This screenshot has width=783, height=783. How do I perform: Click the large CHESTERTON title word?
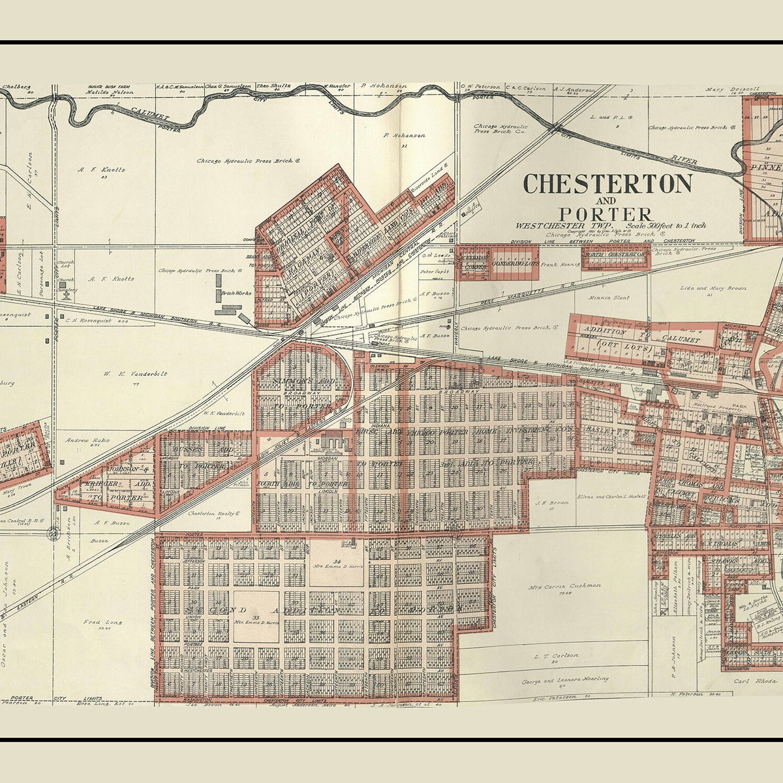click(607, 184)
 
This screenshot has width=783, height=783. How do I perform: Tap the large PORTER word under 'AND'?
click(605, 214)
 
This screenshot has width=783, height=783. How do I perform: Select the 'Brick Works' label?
click(236, 294)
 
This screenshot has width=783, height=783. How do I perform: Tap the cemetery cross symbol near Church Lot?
click(66, 294)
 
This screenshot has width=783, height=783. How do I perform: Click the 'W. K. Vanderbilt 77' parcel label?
click(135, 375)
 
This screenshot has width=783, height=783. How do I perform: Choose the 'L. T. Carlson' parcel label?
click(556, 655)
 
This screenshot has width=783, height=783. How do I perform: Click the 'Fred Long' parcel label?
click(99, 622)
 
